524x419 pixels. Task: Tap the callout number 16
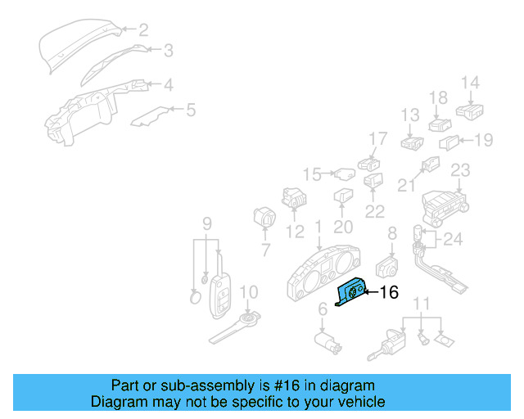[389, 292]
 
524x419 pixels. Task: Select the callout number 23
[460, 170]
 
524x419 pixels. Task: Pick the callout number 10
[248, 292]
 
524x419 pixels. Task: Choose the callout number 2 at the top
[142, 31]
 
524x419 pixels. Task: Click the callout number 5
[190, 109]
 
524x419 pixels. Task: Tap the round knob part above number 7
[265, 219]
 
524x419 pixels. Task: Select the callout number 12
[295, 232]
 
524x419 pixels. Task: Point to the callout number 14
[470, 83]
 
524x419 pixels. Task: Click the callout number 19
[484, 140]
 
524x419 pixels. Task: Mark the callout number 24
[453, 240]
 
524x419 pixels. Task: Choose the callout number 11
[421, 305]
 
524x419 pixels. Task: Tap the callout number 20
[343, 228]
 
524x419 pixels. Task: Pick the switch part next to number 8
[386, 266]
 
